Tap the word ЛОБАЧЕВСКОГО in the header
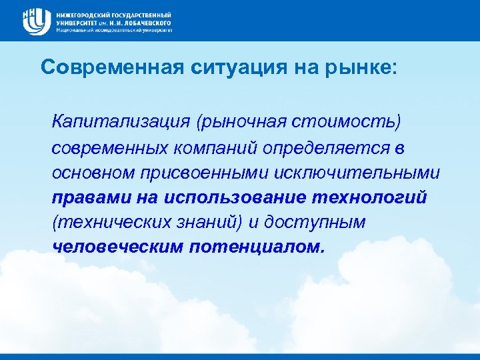coord(144,22)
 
